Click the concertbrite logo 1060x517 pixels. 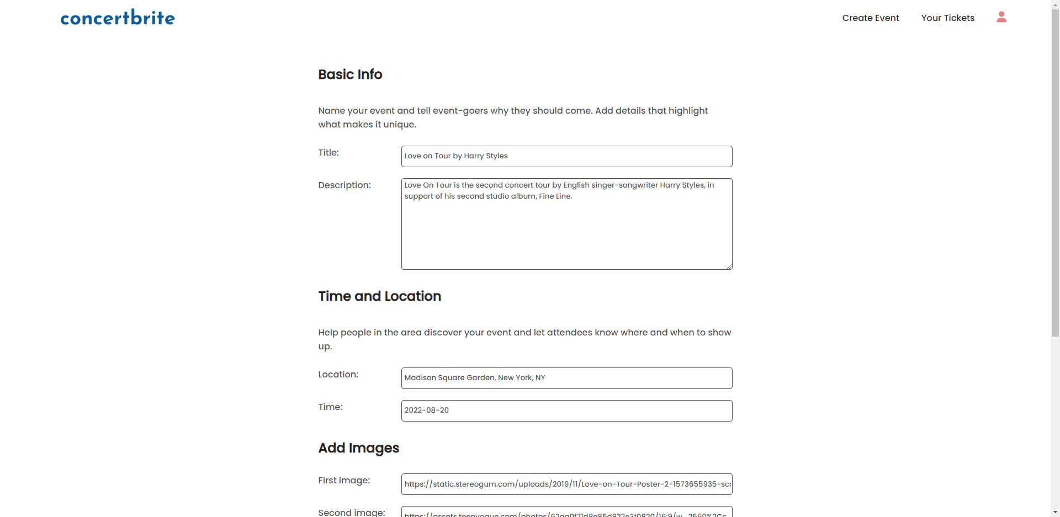tap(118, 18)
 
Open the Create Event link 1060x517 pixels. tap(870, 18)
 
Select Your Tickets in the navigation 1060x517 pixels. tap(947, 18)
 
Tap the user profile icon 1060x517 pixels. tap(1001, 17)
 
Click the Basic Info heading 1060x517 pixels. tap(350, 74)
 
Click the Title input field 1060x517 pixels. tap(566, 156)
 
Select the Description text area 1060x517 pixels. tap(566, 223)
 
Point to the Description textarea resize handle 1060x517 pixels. tap(729, 267)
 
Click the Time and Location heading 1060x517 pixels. tap(379, 296)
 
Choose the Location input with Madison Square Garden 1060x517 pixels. tap(566, 378)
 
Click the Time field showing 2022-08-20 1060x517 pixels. tap(566, 411)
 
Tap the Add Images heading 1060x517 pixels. tap(358, 448)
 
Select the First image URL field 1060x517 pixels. tap(566, 484)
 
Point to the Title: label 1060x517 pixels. tap(328, 153)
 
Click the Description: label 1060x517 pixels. tap(344, 185)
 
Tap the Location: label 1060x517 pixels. tap(338, 375)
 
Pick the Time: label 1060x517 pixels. tap(330, 407)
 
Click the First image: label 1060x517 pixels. tap(344, 481)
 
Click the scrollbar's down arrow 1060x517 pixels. tap(1055, 512)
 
